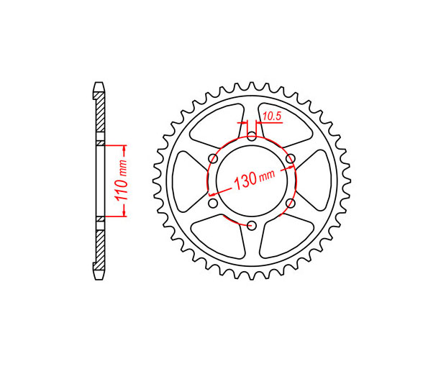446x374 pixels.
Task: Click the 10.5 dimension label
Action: click(272, 117)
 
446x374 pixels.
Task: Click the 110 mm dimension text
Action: click(120, 181)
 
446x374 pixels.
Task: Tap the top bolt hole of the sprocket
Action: click(252, 136)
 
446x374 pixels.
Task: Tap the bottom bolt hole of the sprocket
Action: click(252, 226)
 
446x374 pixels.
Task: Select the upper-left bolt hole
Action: click(213, 158)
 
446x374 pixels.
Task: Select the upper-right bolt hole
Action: click(291, 159)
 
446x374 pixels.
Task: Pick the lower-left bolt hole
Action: click(213, 204)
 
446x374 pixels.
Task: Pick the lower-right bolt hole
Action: click(291, 204)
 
